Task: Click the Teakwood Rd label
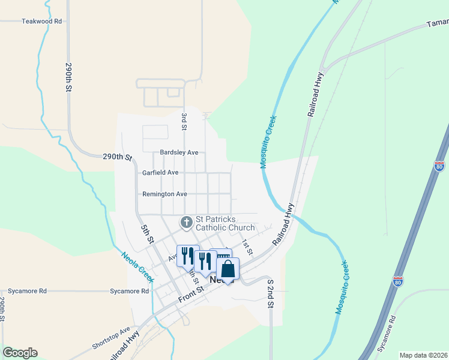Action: coord(42,21)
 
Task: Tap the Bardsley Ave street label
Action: coord(179,152)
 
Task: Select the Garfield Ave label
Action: coord(160,173)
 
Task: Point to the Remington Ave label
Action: coord(164,194)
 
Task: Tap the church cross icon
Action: coord(187,223)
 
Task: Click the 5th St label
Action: coord(147,235)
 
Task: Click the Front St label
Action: coord(191,295)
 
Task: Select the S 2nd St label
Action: coord(271,293)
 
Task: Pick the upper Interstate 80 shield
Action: coord(439,166)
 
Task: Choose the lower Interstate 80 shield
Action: coord(398,281)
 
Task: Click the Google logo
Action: coord(20,353)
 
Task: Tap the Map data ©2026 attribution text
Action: coord(423,355)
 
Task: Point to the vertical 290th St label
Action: coord(69,77)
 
